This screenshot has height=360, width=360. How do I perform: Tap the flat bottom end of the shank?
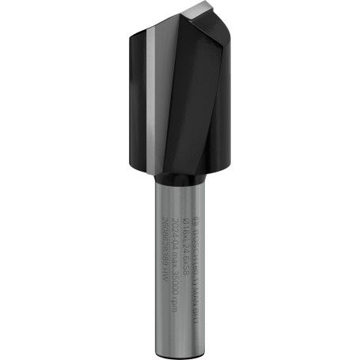[x=180, y=346]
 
